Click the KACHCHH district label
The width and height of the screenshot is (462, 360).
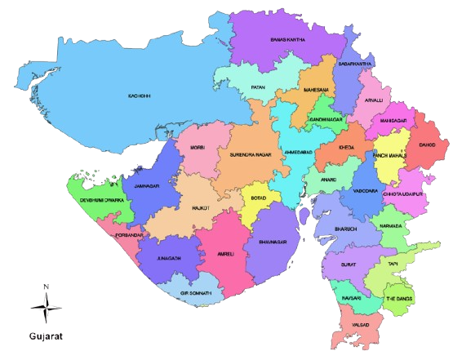[x=140, y=96]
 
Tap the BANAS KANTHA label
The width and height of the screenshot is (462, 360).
[x=287, y=39]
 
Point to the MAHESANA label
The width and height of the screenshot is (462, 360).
[x=315, y=89]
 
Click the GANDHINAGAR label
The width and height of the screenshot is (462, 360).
[x=325, y=119]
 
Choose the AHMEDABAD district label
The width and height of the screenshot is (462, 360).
[x=296, y=153]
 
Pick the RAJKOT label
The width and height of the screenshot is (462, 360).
[x=201, y=208]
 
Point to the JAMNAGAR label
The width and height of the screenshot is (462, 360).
[x=148, y=187]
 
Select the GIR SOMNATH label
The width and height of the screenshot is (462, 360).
[x=197, y=292]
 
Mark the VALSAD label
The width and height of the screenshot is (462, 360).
[x=359, y=325]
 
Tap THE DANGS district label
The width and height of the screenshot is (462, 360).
[x=400, y=298]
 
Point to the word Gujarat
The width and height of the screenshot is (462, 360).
[x=46, y=336]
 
